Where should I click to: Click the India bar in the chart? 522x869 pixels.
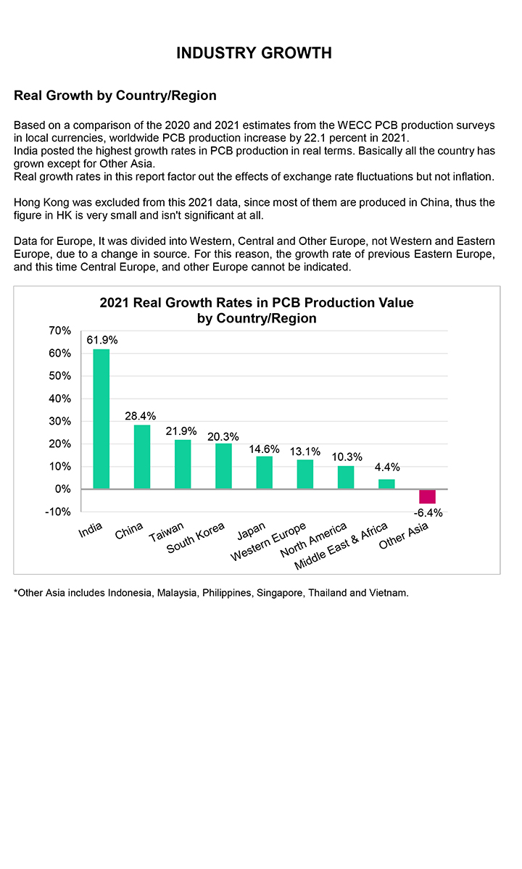(101, 419)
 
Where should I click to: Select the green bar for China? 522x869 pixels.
(142, 457)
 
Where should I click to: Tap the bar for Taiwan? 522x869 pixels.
(183, 464)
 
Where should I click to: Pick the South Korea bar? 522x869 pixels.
(223, 466)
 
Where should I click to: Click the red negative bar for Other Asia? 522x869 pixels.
(427, 496)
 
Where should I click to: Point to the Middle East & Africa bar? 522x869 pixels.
(386, 484)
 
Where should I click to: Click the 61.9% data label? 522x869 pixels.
(102, 339)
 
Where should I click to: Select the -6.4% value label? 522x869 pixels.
(428, 513)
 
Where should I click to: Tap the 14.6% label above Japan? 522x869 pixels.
(265, 449)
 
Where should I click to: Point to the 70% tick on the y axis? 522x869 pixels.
(59, 330)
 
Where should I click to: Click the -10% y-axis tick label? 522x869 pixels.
(58, 512)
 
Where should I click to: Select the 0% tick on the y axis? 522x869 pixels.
(62, 489)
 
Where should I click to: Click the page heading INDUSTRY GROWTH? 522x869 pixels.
(254, 53)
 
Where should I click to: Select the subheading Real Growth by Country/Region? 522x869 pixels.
(115, 96)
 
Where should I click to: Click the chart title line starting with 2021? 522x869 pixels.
(257, 303)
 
